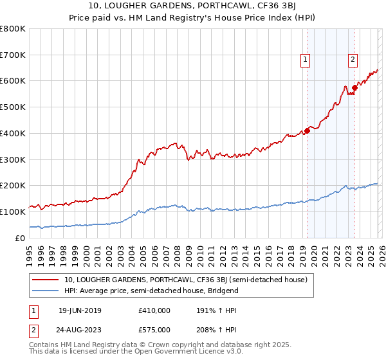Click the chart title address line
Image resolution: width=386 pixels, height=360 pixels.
[193, 6]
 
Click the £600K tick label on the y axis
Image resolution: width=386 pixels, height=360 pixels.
[13, 81]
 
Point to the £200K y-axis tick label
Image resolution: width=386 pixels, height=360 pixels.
[13, 185]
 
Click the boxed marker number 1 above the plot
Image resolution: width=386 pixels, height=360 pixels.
[305, 60]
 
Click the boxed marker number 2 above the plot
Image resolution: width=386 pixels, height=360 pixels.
[353, 60]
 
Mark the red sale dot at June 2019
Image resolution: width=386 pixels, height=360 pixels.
[307, 130]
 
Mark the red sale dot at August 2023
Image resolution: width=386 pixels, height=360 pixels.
[354, 87]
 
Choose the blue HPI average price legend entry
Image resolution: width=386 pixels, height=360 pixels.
[151, 291]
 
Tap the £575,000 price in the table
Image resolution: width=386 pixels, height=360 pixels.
[154, 329]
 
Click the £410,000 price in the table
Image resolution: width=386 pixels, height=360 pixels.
[154, 310]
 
